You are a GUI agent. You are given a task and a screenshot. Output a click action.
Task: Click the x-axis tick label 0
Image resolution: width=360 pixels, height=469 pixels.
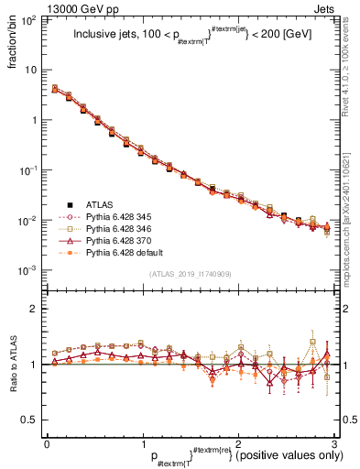click(47, 442)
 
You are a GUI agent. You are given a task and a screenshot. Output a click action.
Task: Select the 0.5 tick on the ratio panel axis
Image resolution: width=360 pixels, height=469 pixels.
click(31, 420)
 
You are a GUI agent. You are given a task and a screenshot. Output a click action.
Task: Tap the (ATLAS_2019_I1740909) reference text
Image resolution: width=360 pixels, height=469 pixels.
click(190, 274)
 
